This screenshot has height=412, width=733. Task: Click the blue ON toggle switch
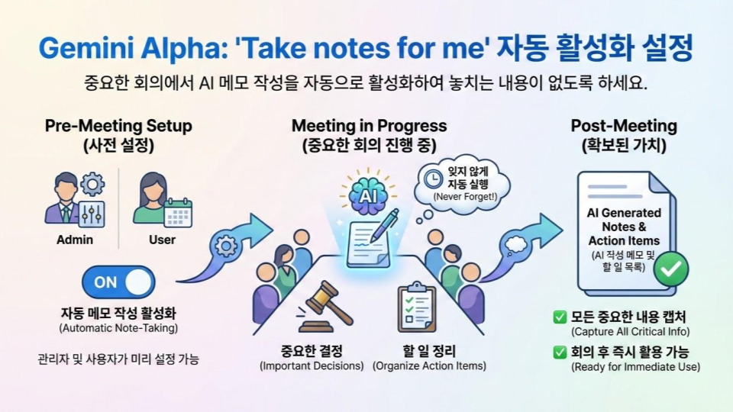[118, 282]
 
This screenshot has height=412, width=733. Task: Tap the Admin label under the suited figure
[75, 240]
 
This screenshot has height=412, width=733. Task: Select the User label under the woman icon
[162, 240]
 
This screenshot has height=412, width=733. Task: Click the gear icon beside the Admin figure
[92, 184]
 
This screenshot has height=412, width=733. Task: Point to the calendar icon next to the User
[178, 213]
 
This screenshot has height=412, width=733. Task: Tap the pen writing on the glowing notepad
[384, 226]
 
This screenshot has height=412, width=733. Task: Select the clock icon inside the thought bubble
[434, 179]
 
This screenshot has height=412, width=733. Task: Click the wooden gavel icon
[325, 307]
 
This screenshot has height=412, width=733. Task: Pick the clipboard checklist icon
[417, 307]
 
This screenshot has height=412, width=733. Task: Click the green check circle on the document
[671, 269]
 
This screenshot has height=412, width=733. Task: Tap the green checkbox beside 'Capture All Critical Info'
[560, 317]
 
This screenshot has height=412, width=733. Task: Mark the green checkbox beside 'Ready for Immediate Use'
[560, 352]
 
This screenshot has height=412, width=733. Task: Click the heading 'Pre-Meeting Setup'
[118, 126]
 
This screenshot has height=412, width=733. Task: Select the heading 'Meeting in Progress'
[370, 126]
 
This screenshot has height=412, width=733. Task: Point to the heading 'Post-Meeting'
[624, 126]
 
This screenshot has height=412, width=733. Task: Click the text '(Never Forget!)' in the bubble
[465, 197]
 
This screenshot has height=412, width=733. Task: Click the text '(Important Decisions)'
[312, 365]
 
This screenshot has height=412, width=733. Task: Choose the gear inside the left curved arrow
[226, 245]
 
